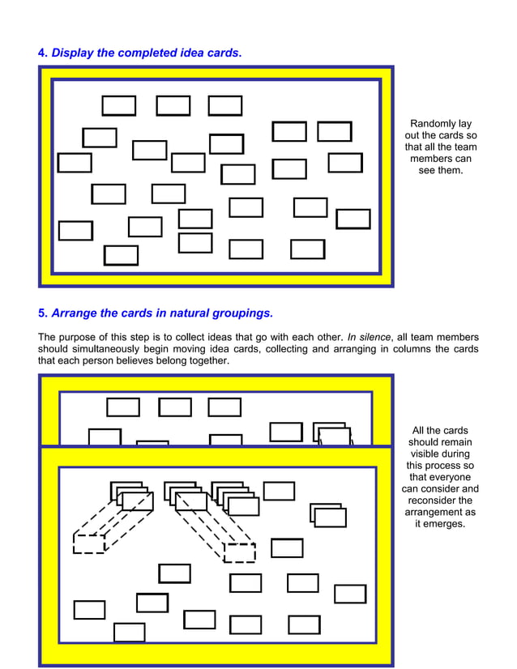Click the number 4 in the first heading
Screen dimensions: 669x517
coord(42,53)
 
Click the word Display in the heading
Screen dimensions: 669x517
coord(72,53)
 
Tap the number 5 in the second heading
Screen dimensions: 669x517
coord(42,313)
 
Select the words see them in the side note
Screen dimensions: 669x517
coord(441,170)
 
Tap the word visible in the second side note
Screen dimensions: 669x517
coord(441,454)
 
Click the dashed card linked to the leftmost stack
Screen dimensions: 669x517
coord(89,543)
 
